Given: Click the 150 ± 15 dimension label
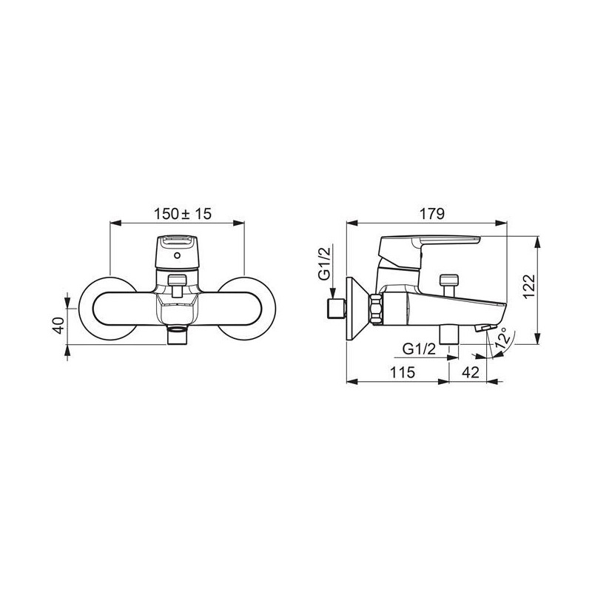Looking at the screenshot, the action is [183, 214].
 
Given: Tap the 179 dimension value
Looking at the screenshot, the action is [432, 214].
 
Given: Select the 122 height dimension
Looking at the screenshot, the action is [529, 286].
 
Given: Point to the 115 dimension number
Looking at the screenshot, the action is [403, 373].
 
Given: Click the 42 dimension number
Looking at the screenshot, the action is [471, 373].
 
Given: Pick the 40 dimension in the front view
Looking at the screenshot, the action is [58, 325].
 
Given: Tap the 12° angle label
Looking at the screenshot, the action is [503, 339].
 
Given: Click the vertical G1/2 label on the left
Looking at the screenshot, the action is [324, 263].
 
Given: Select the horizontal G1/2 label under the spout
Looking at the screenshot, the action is [419, 349].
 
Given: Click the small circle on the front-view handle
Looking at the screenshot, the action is [178, 255].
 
